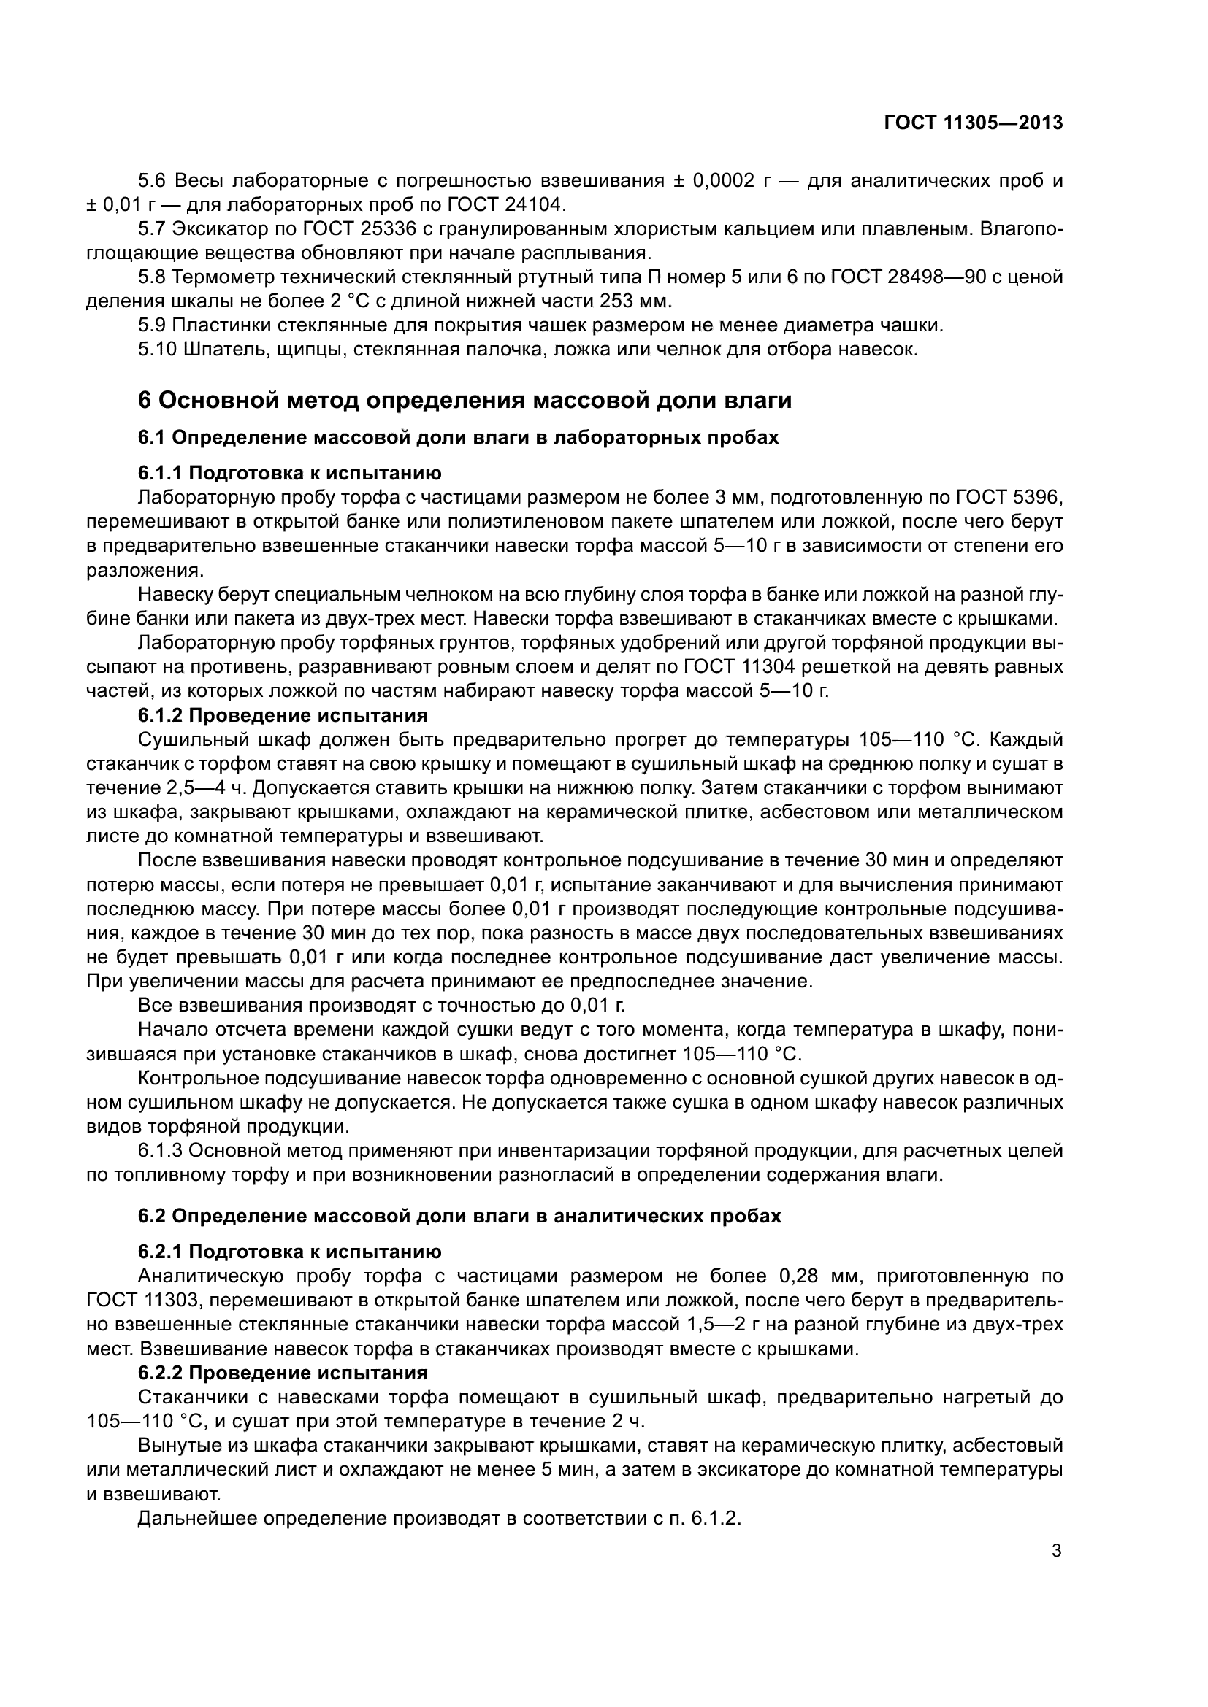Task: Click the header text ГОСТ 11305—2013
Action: (x=973, y=123)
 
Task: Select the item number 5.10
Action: (x=157, y=350)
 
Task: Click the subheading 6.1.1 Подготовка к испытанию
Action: (x=289, y=474)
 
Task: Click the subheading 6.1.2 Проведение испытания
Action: (x=283, y=715)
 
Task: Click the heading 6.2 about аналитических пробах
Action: (x=459, y=1217)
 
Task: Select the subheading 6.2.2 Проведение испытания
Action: (x=283, y=1373)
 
